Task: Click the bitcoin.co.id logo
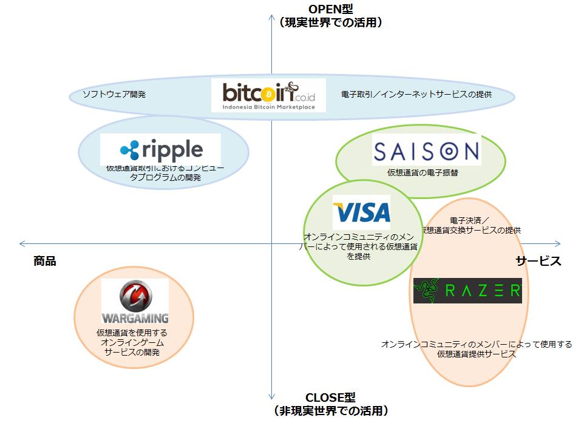pos(268,95)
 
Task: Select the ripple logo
pos(161,149)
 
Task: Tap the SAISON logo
pos(427,151)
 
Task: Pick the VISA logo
pos(362,212)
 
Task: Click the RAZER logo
pos(467,291)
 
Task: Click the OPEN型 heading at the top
pos(331,8)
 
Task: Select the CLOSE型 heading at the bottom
pos(330,398)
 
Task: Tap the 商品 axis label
pos(45,261)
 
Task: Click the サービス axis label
pos(538,261)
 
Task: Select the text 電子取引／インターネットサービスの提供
pos(416,95)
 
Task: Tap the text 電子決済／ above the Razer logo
pos(470,220)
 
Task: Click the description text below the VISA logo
pos(361,246)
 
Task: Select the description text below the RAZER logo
pos(477,349)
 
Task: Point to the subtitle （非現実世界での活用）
pos(331,411)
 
